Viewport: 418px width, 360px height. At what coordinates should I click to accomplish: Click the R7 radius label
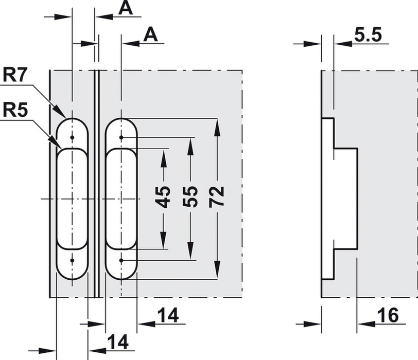(x=15, y=76)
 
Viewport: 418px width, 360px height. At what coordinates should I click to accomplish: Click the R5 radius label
(x=15, y=110)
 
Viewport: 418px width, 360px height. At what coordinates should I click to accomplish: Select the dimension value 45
(x=164, y=196)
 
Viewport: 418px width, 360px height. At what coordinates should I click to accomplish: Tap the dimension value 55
(x=190, y=196)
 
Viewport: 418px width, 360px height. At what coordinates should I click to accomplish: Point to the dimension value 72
(x=217, y=196)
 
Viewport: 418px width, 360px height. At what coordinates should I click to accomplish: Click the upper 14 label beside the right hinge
(x=168, y=315)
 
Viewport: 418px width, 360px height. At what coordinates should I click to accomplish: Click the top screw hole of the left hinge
(x=72, y=137)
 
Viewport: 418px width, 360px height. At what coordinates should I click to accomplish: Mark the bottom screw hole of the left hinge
(x=72, y=260)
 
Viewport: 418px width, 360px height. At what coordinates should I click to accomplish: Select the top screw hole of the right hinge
(x=121, y=137)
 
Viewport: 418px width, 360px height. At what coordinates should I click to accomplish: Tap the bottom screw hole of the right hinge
(x=121, y=260)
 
